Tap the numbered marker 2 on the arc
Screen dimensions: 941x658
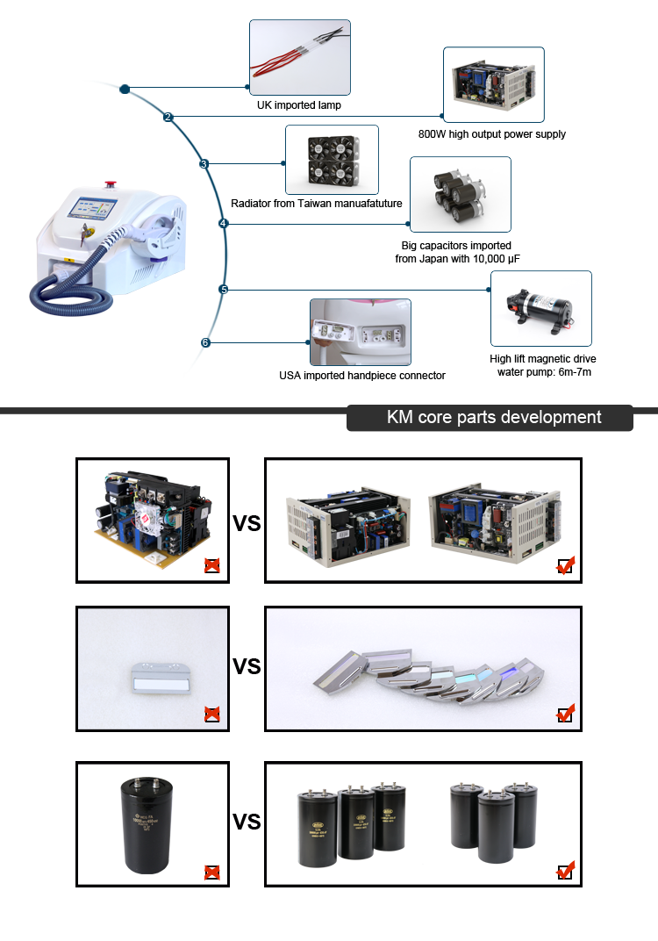click(168, 117)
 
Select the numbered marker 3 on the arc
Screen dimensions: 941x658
click(204, 163)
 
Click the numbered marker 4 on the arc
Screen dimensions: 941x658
click(223, 224)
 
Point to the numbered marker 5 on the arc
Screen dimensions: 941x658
click(223, 289)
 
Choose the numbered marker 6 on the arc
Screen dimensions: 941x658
click(205, 342)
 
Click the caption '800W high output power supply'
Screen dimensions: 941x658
click(492, 134)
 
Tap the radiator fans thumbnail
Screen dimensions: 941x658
click(332, 159)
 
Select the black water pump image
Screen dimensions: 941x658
click(540, 308)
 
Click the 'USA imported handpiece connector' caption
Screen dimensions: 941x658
click(361, 376)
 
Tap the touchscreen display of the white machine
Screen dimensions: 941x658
click(92, 212)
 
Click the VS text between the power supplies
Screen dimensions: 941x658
click(247, 523)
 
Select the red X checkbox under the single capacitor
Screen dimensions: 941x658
click(211, 872)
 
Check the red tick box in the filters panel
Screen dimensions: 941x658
click(566, 713)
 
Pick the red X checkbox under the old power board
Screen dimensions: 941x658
click(211, 566)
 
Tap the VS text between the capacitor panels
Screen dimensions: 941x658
click(247, 822)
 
